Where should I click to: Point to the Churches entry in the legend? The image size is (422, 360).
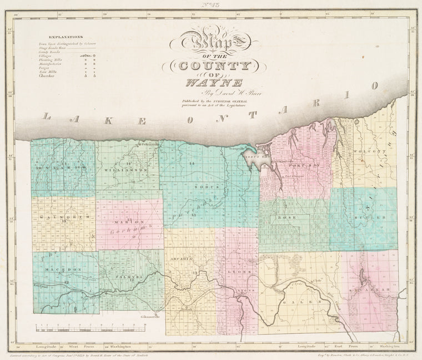coord(46,75)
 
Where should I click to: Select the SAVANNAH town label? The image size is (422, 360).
coord(368,290)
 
